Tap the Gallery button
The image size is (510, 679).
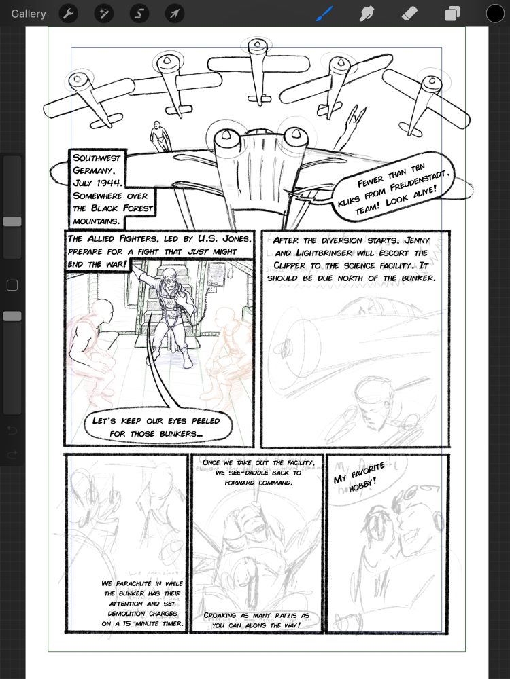pos(29,14)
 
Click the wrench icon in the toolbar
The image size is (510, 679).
pos(68,14)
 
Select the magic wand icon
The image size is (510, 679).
pos(104,14)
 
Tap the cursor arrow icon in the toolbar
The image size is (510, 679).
pos(175,14)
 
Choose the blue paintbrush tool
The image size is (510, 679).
pos(324,14)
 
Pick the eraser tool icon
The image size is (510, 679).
pos(409,14)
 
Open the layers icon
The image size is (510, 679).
pos(452,14)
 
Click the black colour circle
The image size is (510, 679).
pos(495,14)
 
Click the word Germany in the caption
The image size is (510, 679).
pos(97,170)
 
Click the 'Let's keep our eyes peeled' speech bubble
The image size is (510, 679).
pos(156,426)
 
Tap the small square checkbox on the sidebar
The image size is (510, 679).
pos(12,286)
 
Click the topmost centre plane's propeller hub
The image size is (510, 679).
pos(256,46)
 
